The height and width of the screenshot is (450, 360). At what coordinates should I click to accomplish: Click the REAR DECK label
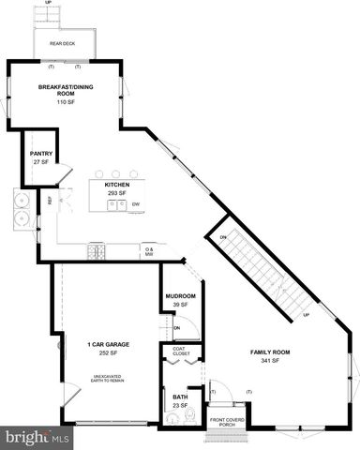tap(63, 43)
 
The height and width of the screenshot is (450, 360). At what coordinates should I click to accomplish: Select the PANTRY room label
tap(40, 154)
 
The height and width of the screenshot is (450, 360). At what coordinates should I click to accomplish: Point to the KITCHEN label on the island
tap(117, 185)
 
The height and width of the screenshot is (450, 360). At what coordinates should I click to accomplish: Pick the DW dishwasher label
tap(136, 203)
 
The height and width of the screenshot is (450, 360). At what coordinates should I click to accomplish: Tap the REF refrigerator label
tap(50, 200)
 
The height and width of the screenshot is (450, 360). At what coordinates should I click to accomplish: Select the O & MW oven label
tap(148, 250)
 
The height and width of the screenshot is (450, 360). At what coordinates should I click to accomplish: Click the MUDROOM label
tap(180, 297)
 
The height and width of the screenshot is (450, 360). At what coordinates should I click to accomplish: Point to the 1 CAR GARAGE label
tap(109, 345)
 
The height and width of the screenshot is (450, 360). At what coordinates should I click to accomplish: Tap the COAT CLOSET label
tap(181, 352)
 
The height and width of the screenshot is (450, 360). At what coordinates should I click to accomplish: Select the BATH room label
tap(180, 397)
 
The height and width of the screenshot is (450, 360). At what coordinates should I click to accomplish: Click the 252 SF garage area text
tap(109, 353)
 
